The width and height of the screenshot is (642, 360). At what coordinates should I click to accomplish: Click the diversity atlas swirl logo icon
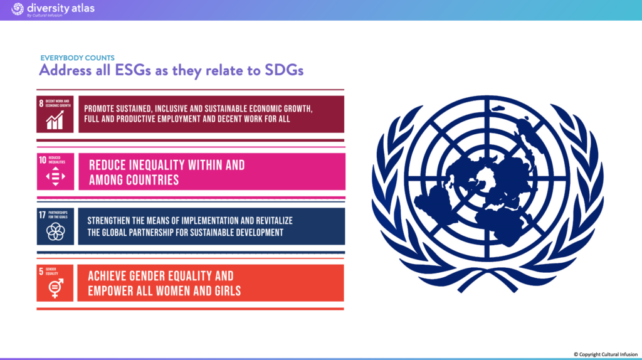[17, 9]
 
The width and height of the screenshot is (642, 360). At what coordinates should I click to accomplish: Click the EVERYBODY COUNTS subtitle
[77, 58]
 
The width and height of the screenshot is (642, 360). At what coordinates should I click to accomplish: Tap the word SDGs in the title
[284, 70]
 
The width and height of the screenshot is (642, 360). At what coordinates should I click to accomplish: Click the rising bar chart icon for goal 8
[55, 120]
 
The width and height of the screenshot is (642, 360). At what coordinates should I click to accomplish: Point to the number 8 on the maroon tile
[41, 103]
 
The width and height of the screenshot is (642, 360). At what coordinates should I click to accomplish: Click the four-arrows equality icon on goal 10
[55, 176]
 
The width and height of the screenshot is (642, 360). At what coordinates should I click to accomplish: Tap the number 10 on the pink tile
[43, 160]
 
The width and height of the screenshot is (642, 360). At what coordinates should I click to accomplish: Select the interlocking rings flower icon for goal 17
[55, 232]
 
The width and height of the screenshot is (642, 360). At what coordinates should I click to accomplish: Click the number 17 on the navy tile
[43, 215]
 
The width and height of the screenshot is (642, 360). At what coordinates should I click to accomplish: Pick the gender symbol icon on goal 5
[56, 288]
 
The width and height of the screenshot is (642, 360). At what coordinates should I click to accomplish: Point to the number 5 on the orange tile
[41, 271]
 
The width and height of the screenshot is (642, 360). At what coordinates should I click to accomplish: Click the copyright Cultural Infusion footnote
[606, 354]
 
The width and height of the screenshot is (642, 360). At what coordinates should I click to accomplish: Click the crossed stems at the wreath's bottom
[487, 278]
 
